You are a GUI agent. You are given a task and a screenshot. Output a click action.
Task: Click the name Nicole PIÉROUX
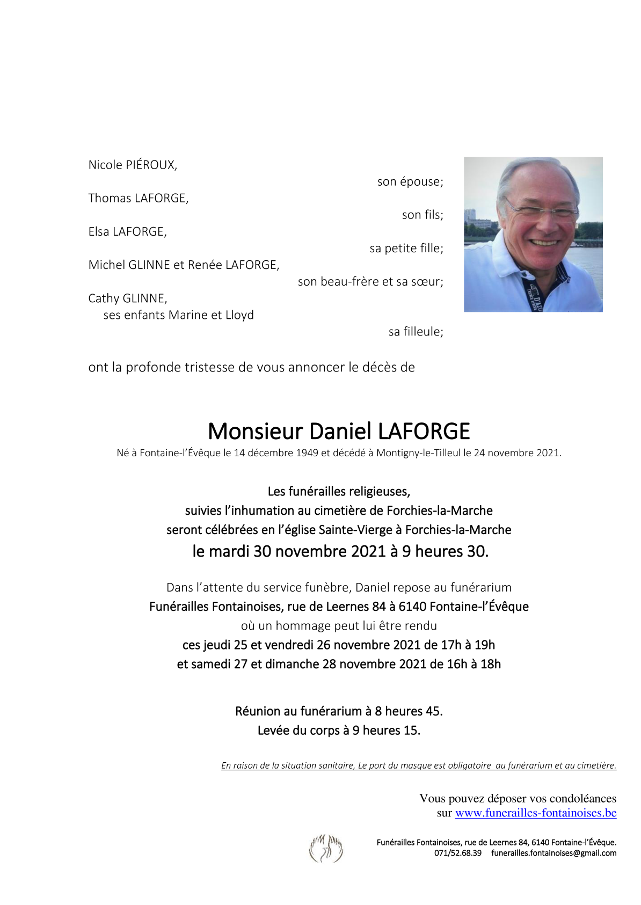coord(133,165)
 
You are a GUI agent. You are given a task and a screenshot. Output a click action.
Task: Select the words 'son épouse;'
coord(410,181)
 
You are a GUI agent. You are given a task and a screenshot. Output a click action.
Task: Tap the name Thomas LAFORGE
coord(138,198)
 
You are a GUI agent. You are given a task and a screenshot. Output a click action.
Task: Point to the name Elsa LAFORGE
coord(127,231)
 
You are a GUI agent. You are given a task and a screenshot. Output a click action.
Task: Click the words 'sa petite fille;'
coord(406,248)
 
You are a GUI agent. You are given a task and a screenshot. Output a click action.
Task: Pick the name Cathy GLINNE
coord(127,298)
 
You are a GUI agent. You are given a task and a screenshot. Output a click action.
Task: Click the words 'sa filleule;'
coord(416,332)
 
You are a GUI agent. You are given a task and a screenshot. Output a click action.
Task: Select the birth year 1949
coord(307,453)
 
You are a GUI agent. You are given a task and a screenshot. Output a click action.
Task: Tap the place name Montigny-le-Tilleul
coord(418,453)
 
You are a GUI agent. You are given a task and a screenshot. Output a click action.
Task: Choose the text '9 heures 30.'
coord(445,551)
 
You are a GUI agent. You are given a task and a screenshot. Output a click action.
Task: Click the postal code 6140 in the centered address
coord(412,607)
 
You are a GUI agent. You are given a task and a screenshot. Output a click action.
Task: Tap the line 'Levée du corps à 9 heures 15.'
coord(339,731)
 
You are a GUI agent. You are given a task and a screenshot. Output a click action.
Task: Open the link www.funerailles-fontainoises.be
coord(535,813)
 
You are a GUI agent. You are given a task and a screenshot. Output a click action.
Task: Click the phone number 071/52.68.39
coord(457,853)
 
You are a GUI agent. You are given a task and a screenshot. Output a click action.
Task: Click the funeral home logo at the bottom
coord(326,848)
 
